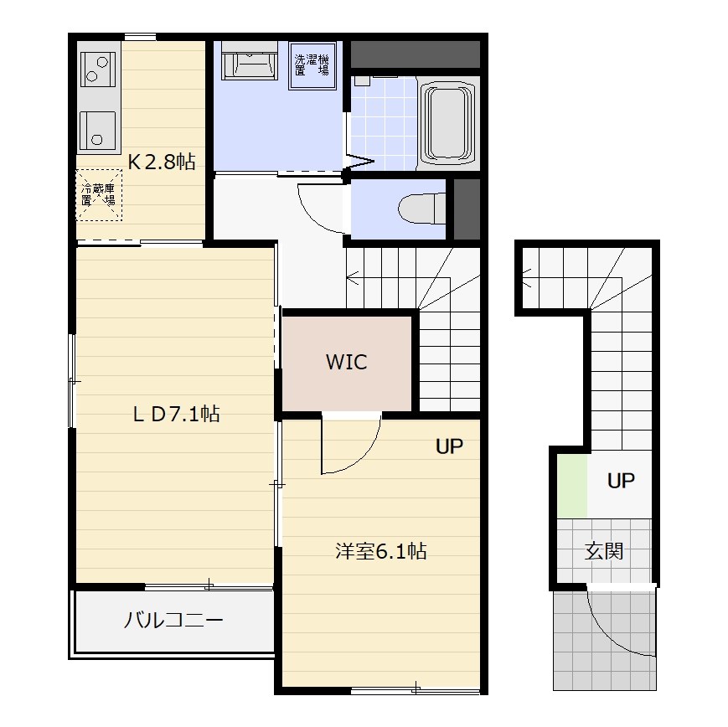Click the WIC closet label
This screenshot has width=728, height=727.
click(x=346, y=362)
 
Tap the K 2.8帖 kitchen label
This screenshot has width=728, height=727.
click(x=162, y=162)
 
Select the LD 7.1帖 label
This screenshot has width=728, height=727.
click(x=177, y=414)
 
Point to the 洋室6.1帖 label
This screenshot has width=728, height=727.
click(x=380, y=551)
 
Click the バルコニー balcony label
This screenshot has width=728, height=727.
click(x=173, y=621)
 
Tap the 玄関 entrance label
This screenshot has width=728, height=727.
click(x=603, y=551)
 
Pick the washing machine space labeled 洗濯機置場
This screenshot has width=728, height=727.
click(x=312, y=65)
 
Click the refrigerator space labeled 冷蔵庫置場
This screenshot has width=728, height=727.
click(x=99, y=195)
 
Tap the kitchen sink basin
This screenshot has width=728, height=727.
click(x=97, y=131)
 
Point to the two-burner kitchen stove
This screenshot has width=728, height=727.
click(x=97, y=70)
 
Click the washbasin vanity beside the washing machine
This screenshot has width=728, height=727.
click(x=250, y=61)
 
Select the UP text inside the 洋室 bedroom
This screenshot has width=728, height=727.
click(x=449, y=446)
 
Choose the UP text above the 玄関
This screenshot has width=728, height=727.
click(x=621, y=481)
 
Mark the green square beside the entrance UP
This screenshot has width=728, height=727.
click(x=572, y=486)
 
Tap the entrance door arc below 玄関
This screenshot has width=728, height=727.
click(x=613, y=636)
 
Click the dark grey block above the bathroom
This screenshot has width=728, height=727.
click(x=415, y=54)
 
